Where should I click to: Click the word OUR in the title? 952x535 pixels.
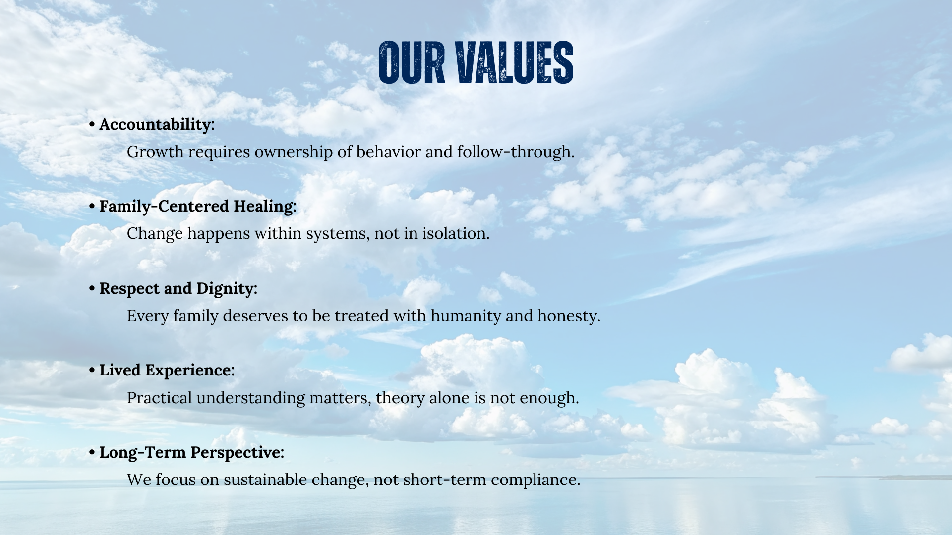(x=412, y=62)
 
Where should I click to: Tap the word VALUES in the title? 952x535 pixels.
(x=515, y=62)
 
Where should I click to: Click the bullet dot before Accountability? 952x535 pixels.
(x=92, y=124)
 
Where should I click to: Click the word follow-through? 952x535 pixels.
(x=516, y=152)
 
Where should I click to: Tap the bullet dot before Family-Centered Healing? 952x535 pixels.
(x=92, y=206)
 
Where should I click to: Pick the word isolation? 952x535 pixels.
(x=456, y=233)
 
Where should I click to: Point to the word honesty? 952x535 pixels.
(x=569, y=316)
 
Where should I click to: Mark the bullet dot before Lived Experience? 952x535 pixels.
(x=92, y=370)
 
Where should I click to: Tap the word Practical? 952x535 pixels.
(x=160, y=398)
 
